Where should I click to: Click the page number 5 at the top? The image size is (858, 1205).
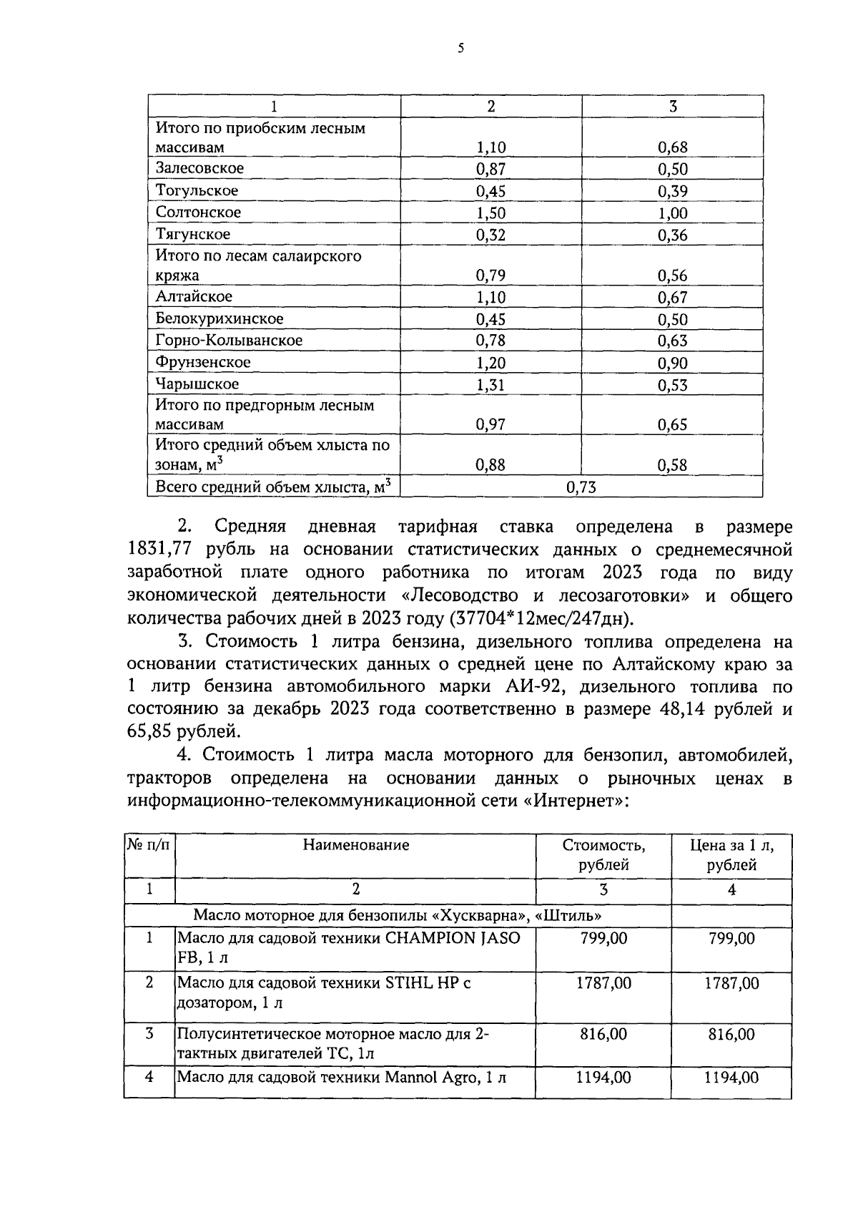pos(460,49)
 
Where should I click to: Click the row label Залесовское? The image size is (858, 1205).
pos(199,169)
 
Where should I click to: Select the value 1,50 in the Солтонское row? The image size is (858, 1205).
pos(490,213)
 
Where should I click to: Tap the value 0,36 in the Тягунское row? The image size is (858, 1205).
pos(672,235)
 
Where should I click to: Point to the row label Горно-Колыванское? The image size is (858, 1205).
pos(229,341)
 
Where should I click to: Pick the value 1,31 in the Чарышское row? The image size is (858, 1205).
pos(490,385)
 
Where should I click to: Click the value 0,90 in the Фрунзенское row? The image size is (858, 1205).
pos(672,364)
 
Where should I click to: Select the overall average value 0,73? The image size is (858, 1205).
pos(581,488)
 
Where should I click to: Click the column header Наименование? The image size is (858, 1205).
pos(355,845)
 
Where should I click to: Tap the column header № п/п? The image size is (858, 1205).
pos(149,845)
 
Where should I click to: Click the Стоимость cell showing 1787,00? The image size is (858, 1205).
pos(603,983)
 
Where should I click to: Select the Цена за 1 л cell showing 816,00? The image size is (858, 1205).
pos(731,1034)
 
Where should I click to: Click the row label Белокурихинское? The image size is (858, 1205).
pos(220,319)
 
